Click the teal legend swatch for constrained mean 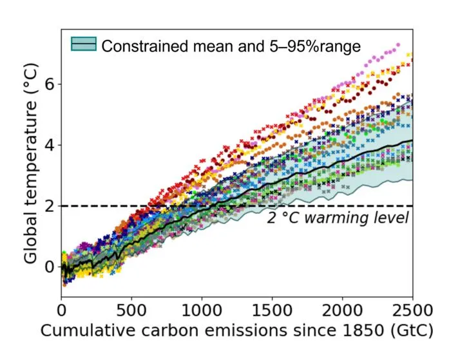click(84, 44)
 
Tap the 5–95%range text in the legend click(315, 46)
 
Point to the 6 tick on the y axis click(50, 84)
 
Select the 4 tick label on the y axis click(50, 145)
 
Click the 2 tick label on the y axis click(50, 206)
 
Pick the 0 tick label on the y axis click(50, 267)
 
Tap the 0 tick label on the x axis click(62, 310)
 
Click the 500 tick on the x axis click(131, 310)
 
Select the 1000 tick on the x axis click(202, 310)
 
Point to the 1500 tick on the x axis click(272, 310)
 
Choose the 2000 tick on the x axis click(342, 310)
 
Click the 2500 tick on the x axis click(412, 310)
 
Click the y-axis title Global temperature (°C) click(30, 163)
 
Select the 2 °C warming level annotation click(338, 218)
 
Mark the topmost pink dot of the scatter click(398, 45)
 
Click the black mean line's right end click(412, 140)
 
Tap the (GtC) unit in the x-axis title click(412, 330)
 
